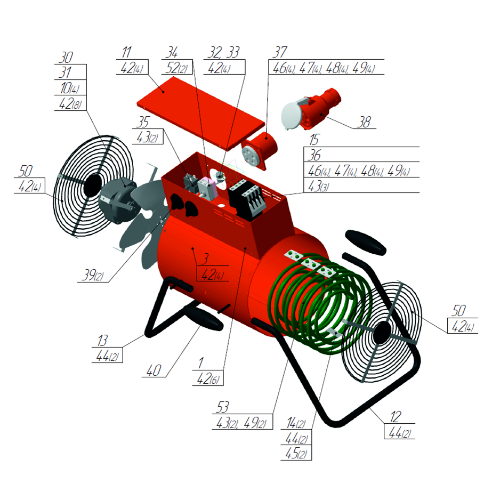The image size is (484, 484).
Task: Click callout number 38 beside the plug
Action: pos(364,122)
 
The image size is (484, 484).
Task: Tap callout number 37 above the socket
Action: pos(280,52)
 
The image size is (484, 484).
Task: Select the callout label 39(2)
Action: pos(93,275)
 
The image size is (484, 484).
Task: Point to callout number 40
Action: pos(154,370)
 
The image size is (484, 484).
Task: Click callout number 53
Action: pos(223,407)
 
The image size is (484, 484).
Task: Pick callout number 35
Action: pos(143,122)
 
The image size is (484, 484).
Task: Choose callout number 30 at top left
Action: pos(66,58)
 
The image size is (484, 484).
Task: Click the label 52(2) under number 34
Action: pos(177,68)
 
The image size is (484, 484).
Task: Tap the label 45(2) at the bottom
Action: pos(296,453)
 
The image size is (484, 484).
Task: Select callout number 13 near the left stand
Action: pos(102,341)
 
